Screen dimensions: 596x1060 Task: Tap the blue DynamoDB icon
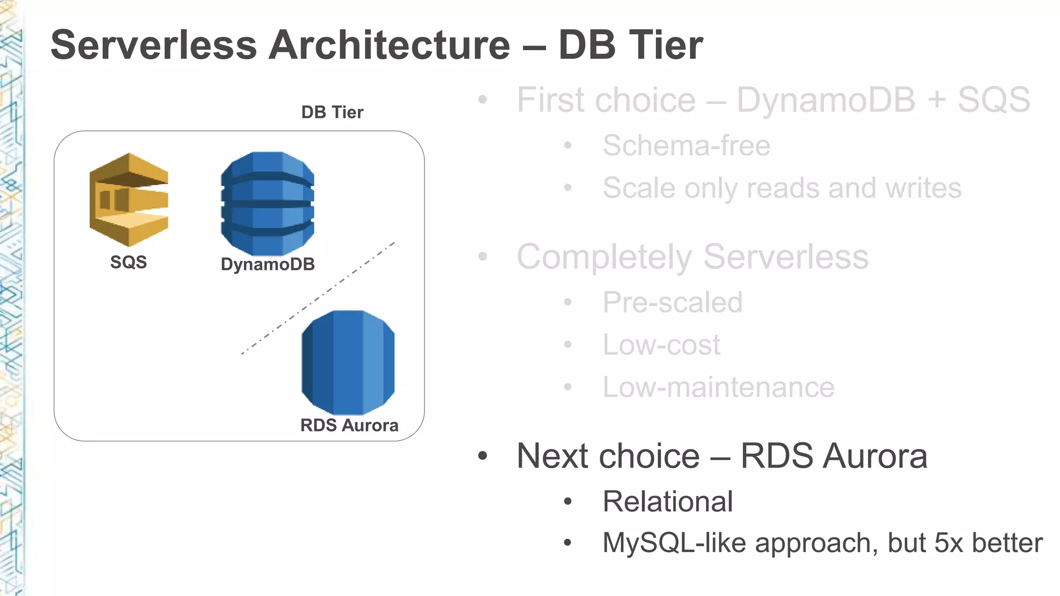[267, 203]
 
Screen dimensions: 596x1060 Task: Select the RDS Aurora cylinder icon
[348, 362]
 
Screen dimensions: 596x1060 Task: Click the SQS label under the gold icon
[128, 262]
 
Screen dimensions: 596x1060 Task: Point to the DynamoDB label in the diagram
[268, 264]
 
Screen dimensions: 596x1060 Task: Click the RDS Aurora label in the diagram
[349, 425]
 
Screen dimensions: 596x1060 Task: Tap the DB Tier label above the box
[332, 112]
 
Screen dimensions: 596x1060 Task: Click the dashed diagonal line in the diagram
[318, 299]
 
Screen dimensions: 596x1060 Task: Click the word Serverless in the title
[154, 46]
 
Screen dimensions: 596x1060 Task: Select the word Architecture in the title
[389, 46]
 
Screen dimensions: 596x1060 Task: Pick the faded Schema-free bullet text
[686, 145]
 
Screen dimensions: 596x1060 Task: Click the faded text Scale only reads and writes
[782, 188]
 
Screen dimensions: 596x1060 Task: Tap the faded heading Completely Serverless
[692, 257]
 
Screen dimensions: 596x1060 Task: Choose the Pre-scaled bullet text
[672, 302]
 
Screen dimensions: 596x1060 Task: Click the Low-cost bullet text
[661, 345]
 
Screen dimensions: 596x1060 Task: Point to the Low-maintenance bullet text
[718, 387]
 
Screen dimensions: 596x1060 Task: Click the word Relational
[668, 501]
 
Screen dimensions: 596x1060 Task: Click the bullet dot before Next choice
[482, 456]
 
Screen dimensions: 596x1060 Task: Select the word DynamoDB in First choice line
[826, 100]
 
